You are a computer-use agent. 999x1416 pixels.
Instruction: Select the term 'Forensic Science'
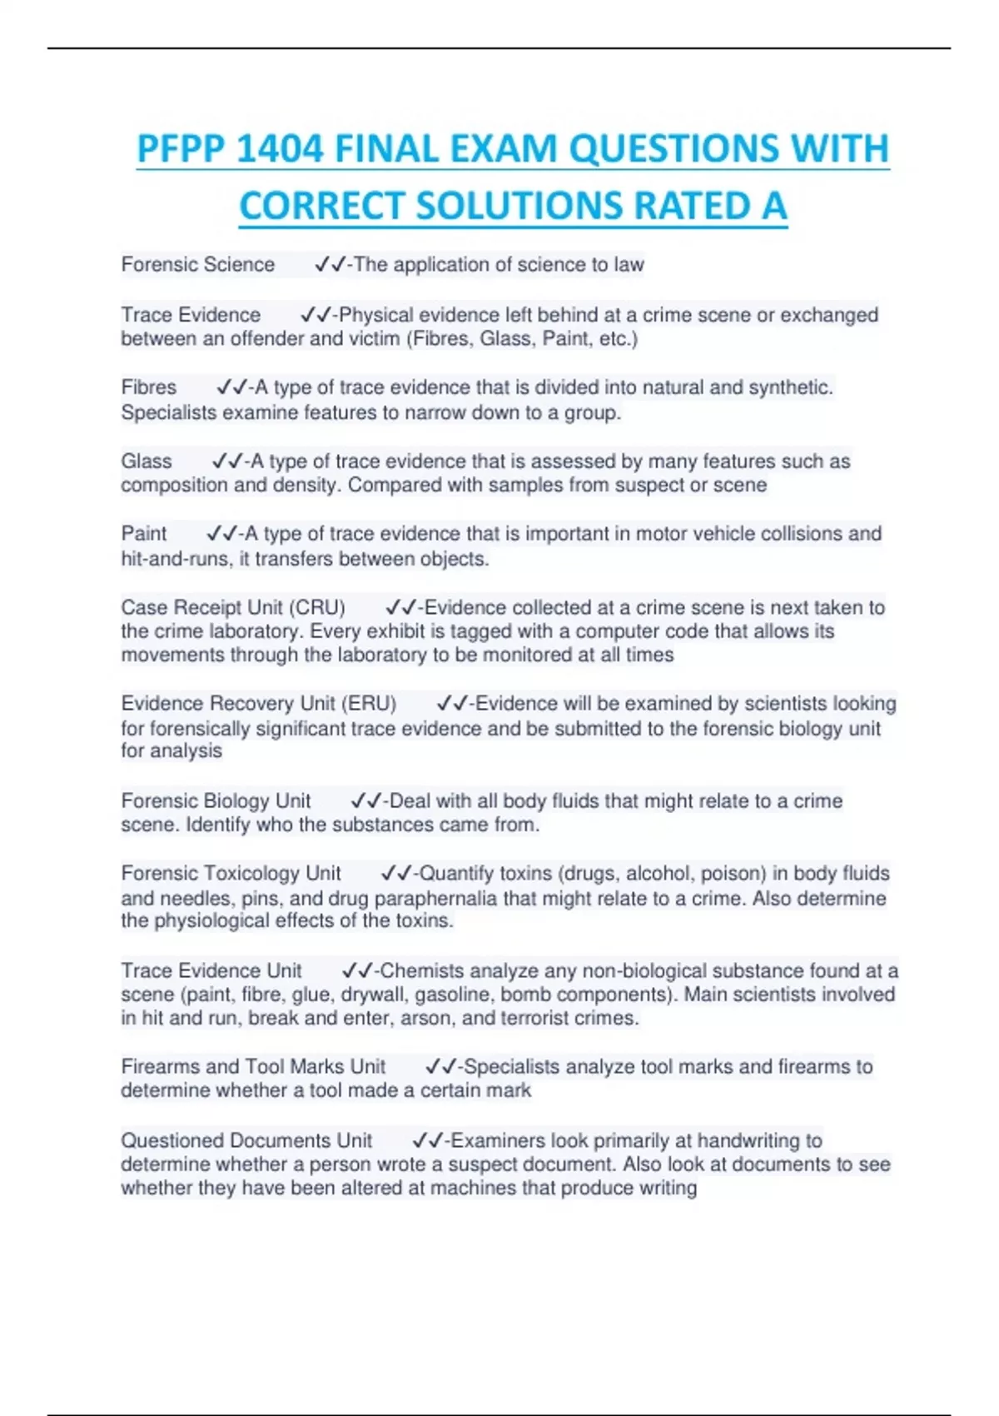[x=198, y=265]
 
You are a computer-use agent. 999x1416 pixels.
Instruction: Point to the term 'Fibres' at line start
[x=149, y=387]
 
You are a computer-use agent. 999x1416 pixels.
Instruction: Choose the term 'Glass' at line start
[x=147, y=461]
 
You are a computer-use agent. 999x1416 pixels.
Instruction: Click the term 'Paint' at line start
[x=144, y=534]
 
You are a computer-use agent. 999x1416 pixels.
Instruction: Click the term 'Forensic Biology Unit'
[x=216, y=801]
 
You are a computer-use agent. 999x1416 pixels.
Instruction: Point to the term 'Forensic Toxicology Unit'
[x=231, y=874]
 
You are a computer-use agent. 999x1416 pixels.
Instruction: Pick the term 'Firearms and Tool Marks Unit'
[x=253, y=1067]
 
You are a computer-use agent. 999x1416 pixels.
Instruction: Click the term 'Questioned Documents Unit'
[x=246, y=1140]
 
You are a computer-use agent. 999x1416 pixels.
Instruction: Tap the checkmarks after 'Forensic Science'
[x=330, y=265]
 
